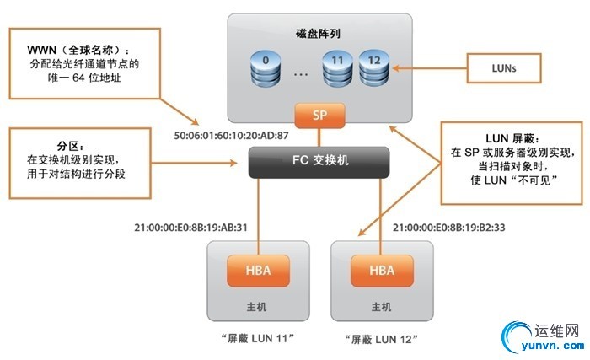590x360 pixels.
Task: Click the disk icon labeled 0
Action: click(x=266, y=67)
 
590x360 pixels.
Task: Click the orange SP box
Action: click(x=319, y=115)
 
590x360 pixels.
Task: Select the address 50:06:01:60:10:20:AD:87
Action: click(x=229, y=135)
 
